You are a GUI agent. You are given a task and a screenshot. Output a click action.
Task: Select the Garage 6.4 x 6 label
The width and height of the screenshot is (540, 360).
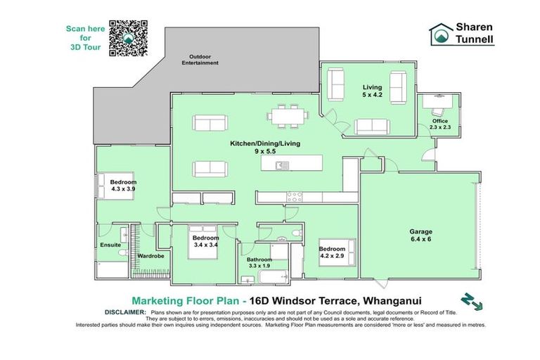tap(421, 235)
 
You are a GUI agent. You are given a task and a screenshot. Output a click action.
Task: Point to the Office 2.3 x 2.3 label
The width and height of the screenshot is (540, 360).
tap(440, 124)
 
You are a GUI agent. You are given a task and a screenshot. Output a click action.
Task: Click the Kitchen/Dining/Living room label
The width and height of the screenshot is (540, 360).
tap(264, 146)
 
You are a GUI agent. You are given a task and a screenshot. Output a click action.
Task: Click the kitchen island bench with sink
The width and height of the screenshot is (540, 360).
tap(291, 164)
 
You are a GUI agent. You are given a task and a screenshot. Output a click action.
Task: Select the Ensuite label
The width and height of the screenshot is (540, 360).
tap(110, 245)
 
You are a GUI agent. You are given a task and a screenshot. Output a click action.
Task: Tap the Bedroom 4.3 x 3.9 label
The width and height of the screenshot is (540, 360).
tap(123, 186)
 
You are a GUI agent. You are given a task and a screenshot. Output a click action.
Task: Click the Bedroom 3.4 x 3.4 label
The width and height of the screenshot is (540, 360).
tap(206, 241)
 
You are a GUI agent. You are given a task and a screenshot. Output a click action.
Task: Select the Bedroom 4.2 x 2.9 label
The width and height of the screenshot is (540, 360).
tap(332, 252)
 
